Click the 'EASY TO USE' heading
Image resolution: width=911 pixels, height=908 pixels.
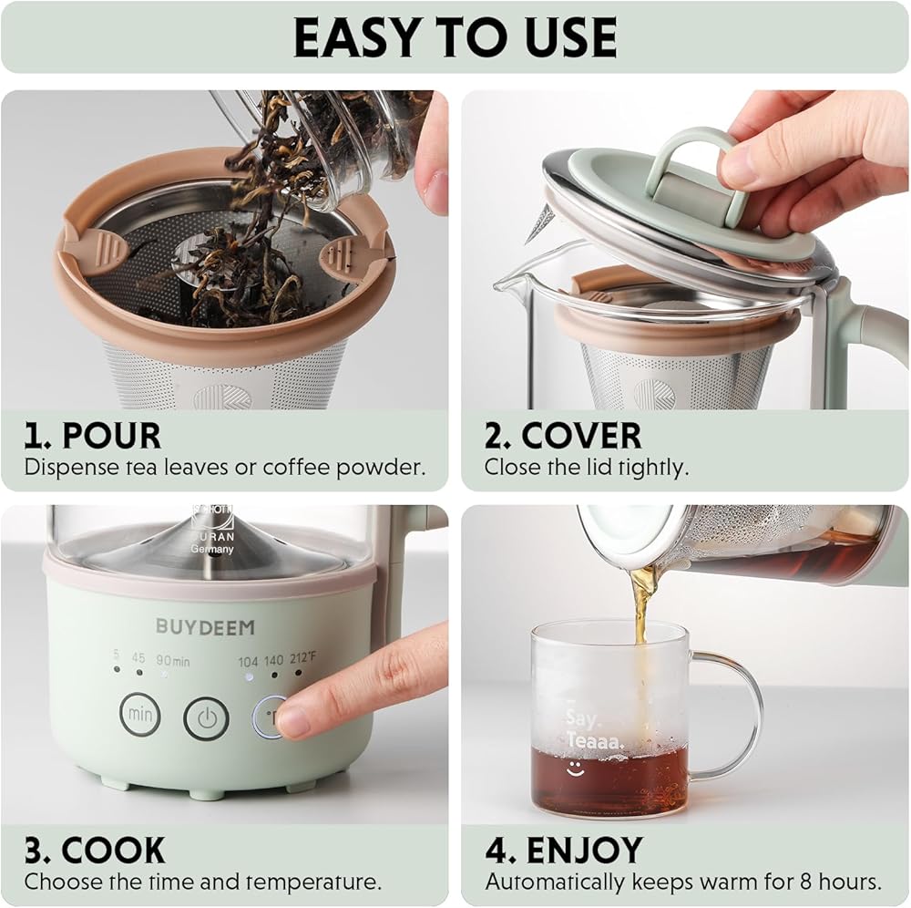(455, 37)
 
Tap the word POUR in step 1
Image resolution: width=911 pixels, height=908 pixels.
(111, 436)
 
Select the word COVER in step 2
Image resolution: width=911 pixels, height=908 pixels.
(581, 436)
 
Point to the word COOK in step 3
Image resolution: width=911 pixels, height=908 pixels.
(113, 850)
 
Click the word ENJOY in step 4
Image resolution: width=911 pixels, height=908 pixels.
(585, 850)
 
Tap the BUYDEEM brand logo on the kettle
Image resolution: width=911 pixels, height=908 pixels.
(205, 626)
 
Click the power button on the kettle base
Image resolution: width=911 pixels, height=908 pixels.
(206, 718)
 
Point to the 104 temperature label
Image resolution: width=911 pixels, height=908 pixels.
(248, 662)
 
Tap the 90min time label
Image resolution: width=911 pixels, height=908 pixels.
(172, 660)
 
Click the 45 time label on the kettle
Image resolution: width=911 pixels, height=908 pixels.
(138, 657)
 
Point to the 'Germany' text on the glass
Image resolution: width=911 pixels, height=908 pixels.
(212, 549)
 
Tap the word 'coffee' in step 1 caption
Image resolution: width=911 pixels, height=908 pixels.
(295, 467)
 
